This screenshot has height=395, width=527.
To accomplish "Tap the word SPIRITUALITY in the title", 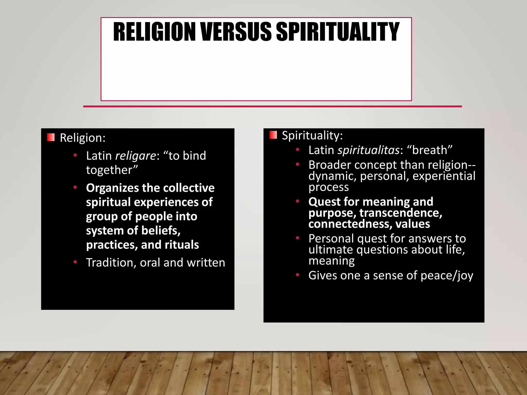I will (338, 32).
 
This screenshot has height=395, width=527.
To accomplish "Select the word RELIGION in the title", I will (154, 32).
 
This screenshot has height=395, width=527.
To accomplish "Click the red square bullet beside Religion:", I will (51, 137).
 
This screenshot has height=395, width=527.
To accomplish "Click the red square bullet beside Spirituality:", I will (273, 135).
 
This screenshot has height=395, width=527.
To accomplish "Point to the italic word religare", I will (135, 156).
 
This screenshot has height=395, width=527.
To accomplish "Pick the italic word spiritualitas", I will (369, 150).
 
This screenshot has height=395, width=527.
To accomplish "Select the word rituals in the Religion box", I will (182, 245).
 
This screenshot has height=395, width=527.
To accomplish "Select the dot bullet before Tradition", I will (75, 262).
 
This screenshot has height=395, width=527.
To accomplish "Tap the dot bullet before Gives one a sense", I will (297, 275).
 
